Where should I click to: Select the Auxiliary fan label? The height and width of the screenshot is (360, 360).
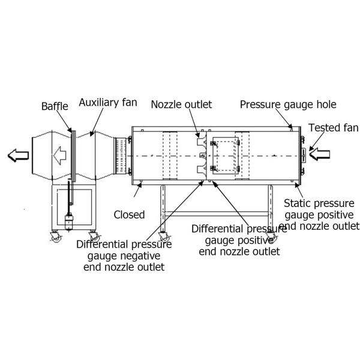click(x=107, y=102)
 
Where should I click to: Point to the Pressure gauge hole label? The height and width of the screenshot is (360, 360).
click(x=288, y=104)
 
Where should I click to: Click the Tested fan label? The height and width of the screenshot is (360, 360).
click(x=333, y=127)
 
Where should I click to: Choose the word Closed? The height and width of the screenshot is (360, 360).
click(x=129, y=214)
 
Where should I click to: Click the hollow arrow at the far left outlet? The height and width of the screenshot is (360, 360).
click(x=17, y=156)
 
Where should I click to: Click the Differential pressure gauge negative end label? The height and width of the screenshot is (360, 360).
click(x=124, y=256)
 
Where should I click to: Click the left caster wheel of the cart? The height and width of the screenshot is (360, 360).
click(x=54, y=238)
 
